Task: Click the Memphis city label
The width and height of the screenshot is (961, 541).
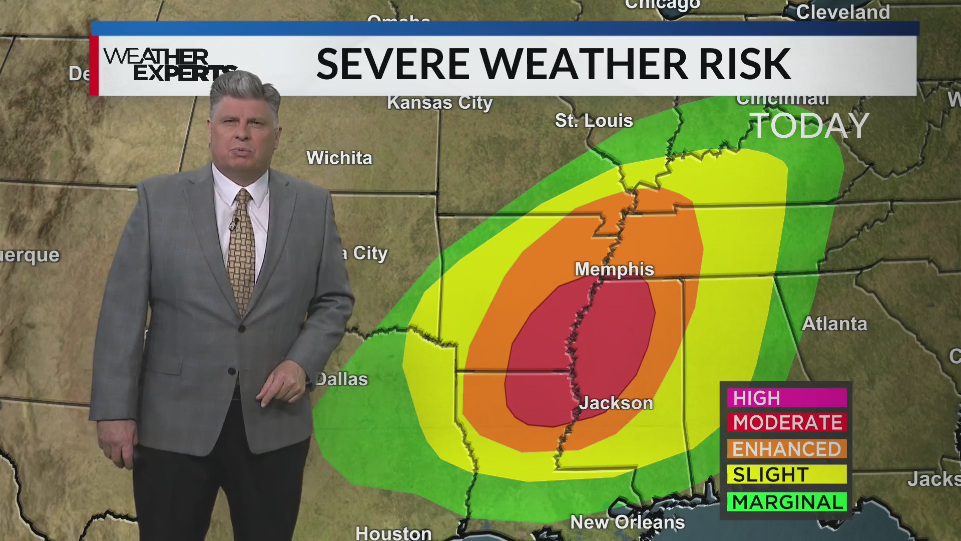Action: (x=614, y=269)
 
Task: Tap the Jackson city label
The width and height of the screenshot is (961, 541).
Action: (x=616, y=403)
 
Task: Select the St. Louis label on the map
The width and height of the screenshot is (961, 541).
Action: (x=594, y=121)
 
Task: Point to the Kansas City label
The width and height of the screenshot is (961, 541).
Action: (x=439, y=103)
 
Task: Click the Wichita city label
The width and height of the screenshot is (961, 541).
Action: (x=339, y=158)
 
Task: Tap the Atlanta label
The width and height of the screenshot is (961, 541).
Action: (x=834, y=324)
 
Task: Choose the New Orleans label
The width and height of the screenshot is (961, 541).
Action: (x=627, y=522)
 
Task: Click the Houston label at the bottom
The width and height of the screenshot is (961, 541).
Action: (x=393, y=533)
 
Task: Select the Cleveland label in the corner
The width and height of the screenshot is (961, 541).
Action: (x=843, y=12)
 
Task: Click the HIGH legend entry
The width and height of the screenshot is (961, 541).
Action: (x=786, y=398)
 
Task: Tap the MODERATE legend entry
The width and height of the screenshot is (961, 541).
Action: (x=787, y=423)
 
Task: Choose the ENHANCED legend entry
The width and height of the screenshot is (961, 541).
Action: (x=786, y=449)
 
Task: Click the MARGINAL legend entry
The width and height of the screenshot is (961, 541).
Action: (x=786, y=502)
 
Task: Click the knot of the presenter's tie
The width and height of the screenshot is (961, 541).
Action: (x=244, y=196)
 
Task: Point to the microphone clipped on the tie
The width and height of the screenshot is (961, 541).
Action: (x=233, y=224)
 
